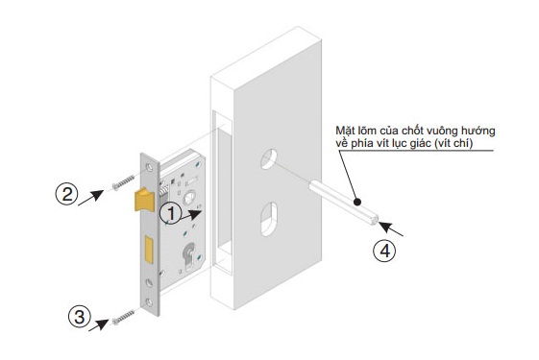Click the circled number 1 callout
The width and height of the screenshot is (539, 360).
pos(171,214)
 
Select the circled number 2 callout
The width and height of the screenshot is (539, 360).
pos(66,194)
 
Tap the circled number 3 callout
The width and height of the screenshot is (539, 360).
pos(80,317)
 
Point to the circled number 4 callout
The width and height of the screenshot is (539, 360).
pos(384,251)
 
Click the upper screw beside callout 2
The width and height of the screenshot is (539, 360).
pos(123,182)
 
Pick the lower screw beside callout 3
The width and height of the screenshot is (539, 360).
pos(123,318)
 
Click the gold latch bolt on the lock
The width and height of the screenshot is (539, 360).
pos(145,200)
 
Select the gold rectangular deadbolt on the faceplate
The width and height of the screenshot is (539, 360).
pos(149,250)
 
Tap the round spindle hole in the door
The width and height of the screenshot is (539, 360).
pos(269,158)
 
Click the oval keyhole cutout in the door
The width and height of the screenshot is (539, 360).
pos(269,219)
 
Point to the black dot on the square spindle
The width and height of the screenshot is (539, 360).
pos(357,202)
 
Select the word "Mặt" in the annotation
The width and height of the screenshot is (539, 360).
pos(346,131)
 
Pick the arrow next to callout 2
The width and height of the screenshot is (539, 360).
pos(90,198)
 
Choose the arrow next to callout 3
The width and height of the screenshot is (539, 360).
pos(99,325)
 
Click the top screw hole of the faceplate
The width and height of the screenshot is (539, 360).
pos(149,167)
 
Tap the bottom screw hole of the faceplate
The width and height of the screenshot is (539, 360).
pos(149,302)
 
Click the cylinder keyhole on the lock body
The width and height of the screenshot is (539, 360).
pos(188,256)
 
